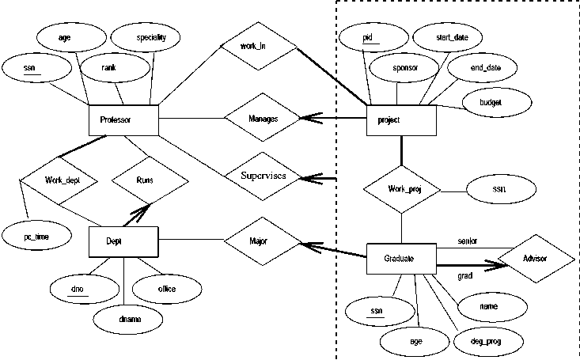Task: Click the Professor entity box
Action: pyautogui.click(x=124, y=119)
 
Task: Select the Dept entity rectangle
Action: pyautogui.click(x=124, y=240)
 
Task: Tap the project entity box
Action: pyautogui.click(x=402, y=119)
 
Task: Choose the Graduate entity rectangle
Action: pyautogui.click(x=402, y=258)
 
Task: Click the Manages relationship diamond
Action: pyautogui.click(x=262, y=119)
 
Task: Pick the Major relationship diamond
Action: pyautogui.click(x=262, y=240)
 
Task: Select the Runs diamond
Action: pyautogui.click(x=150, y=180)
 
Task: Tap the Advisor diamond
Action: pyautogui.click(x=535, y=260)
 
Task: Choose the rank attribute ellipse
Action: pyautogui.click(x=109, y=68)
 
